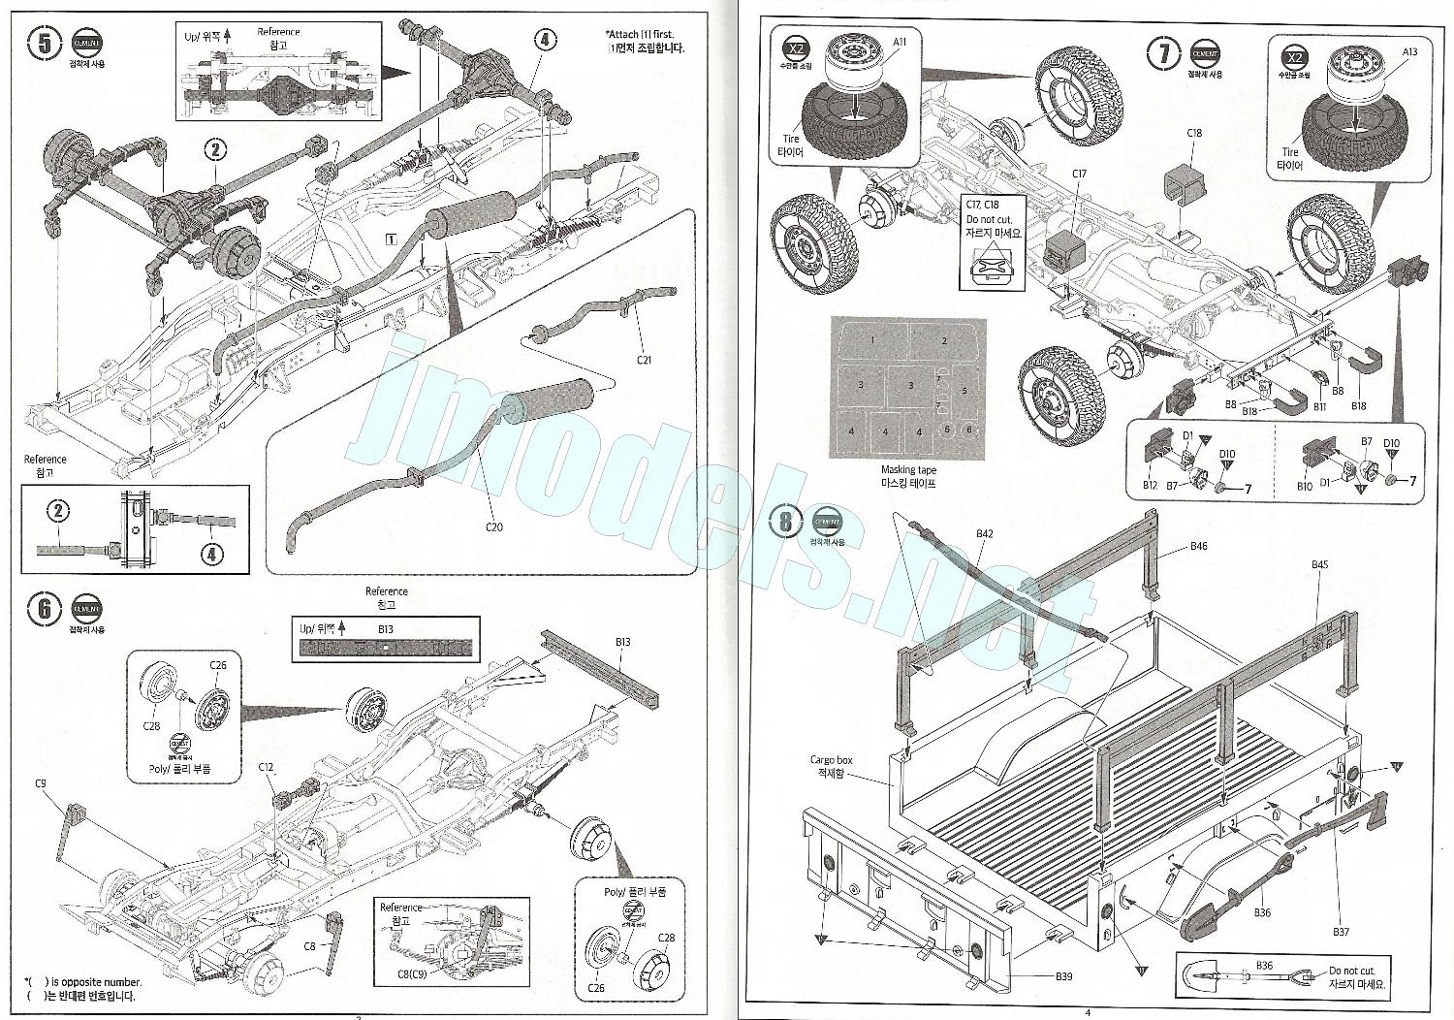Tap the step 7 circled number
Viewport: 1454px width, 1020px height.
point(1163,53)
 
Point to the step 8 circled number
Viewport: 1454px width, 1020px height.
point(786,522)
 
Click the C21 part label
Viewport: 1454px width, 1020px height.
point(645,360)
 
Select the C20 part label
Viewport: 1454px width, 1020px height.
point(494,526)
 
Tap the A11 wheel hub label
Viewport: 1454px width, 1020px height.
point(900,41)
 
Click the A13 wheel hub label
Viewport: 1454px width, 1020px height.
point(1408,52)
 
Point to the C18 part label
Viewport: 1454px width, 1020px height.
point(1194,133)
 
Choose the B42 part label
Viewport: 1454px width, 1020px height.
point(985,533)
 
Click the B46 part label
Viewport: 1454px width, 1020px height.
point(1199,546)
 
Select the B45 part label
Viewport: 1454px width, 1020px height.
point(1319,564)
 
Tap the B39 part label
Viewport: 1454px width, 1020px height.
point(1063,976)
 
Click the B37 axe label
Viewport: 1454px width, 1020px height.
point(1341,932)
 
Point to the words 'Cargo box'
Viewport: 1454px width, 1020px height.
point(830,760)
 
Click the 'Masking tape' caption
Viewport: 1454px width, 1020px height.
point(908,470)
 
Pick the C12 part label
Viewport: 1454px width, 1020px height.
point(267,767)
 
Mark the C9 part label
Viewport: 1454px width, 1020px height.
point(41,783)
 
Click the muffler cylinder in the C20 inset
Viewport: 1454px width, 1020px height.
point(547,399)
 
